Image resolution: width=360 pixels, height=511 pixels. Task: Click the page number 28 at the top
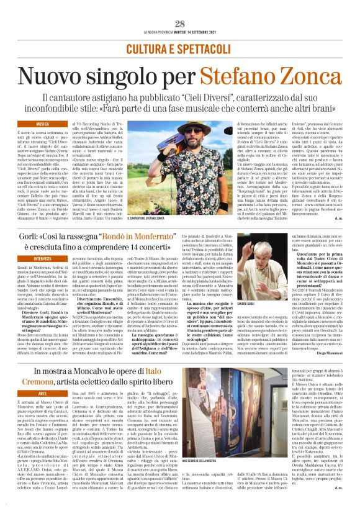[x=180, y=24]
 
